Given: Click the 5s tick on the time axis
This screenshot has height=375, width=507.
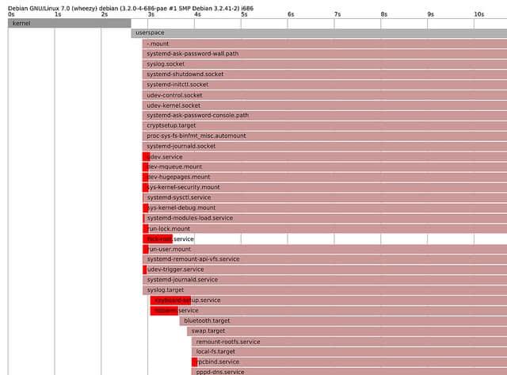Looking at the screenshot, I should pos(244,14).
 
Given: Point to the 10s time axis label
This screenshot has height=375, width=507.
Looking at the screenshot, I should pos(478,14).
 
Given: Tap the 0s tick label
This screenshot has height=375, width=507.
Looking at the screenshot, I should pos(11,14).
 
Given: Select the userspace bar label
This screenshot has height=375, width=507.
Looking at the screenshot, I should pos(150,33).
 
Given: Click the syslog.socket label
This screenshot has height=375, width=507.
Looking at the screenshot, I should pos(166,63).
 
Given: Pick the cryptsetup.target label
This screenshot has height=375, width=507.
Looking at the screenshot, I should pos(171,125).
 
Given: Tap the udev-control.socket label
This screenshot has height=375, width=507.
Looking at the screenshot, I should pos(174,94).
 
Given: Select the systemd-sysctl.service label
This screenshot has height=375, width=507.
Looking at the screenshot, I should pos(179,197).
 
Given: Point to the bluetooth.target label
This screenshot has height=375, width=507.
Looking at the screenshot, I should pos(206,321).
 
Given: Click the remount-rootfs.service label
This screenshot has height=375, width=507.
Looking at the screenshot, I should pos(228,342).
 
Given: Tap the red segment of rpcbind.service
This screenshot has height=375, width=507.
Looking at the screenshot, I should pos(194,362).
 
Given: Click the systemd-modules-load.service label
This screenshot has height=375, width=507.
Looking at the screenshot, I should pos(190,218).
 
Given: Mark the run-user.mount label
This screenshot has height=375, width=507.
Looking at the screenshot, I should pos(170,249).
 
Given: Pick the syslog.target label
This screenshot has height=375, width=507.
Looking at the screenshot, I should pos(166,290).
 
